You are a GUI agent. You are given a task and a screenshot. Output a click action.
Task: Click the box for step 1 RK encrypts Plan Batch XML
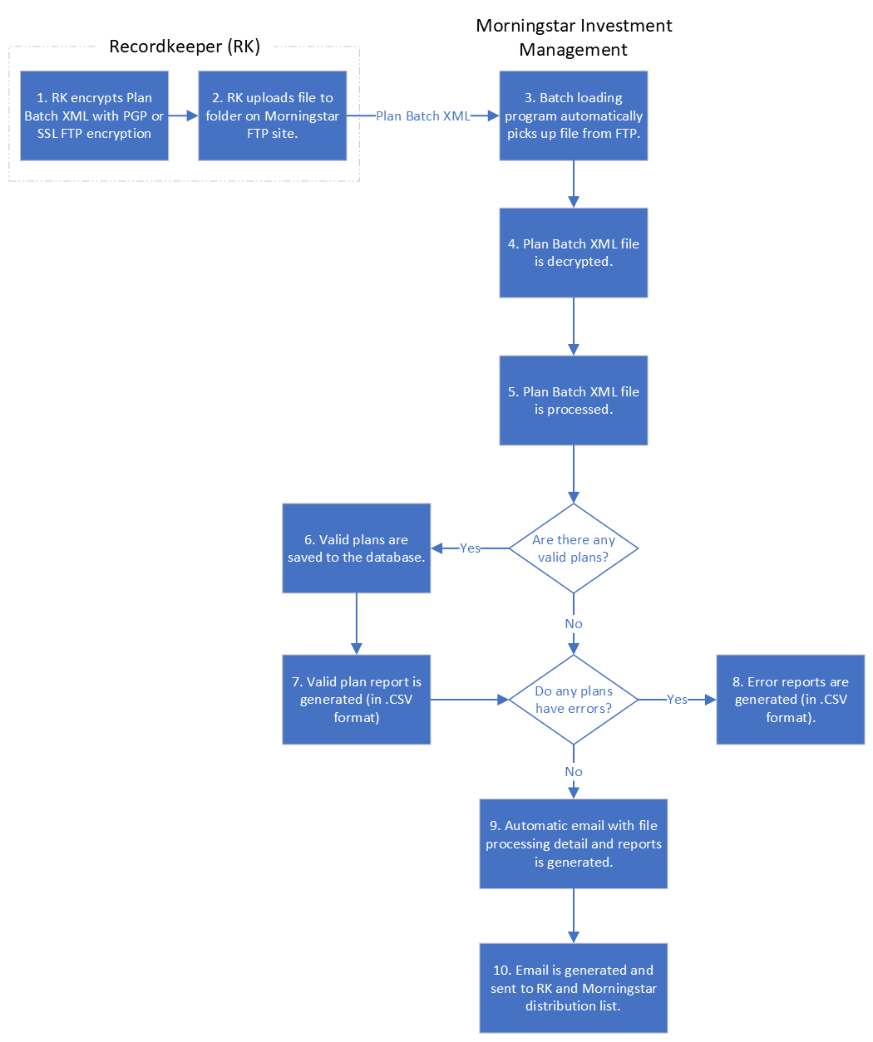[x=94, y=116]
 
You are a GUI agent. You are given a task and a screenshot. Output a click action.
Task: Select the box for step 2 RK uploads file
[x=272, y=116]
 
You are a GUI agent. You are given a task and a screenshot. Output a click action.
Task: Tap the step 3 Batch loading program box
[x=573, y=116]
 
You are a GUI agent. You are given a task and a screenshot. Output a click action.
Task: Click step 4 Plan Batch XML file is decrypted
[x=573, y=253]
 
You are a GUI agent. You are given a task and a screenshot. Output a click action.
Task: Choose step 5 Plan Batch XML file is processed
[x=573, y=401]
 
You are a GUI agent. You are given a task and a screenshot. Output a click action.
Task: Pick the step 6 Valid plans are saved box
[x=356, y=548]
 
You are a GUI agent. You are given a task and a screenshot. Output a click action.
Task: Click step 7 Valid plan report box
[x=356, y=700]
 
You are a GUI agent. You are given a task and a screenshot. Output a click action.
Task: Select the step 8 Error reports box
[x=790, y=700]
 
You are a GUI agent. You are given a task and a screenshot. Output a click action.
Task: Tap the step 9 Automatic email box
[x=573, y=843]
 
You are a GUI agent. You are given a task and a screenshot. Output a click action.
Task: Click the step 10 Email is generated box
[x=573, y=988]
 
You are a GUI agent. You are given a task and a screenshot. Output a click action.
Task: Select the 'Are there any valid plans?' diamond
[x=573, y=548]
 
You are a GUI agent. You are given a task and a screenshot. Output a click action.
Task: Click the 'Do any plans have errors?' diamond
[x=573, y=700]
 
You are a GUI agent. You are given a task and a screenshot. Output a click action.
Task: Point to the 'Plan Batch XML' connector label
[x=422, y=116]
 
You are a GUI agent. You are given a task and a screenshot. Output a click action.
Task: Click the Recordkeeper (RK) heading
[x=185, y=47]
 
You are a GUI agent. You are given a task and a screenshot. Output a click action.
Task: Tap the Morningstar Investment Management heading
[x=574, y=37]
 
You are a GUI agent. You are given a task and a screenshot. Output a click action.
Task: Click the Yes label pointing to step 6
[x=470, y=548]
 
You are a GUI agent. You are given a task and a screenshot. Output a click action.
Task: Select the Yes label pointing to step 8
[x=677, y=700]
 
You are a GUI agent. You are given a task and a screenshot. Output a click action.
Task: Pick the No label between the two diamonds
[x=574, y=624]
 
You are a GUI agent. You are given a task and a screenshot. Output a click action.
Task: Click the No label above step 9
[x=574, y=772]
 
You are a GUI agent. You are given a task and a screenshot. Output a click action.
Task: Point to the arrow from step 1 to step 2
[x=183, y=116]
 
